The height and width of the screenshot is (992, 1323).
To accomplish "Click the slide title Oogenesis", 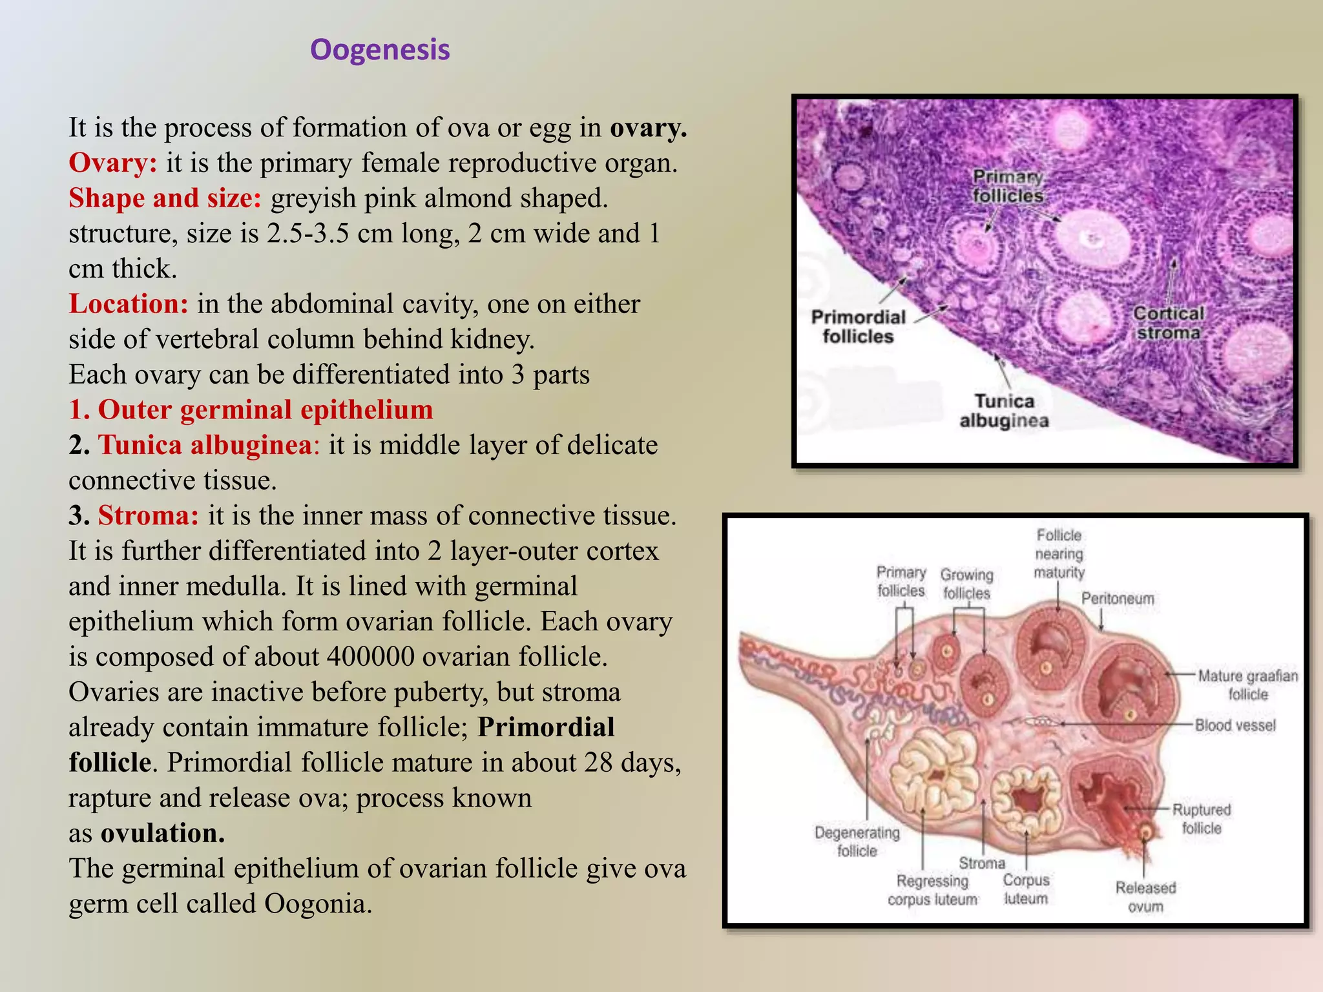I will (x=380, y=50).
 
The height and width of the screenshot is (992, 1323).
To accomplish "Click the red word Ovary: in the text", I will (x=112, y=163).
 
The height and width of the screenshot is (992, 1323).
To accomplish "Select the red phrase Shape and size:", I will (x=165, y=198).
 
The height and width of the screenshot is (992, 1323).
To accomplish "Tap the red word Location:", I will (x=129, y=304).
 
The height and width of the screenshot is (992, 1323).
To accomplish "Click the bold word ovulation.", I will (x=162, y=833).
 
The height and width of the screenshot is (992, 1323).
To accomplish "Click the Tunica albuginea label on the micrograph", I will (x=1004, y=411).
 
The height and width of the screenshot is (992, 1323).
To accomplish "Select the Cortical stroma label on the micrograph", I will (x=1169, y=323).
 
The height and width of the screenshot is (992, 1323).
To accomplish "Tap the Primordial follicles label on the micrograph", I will (x=858, y=327).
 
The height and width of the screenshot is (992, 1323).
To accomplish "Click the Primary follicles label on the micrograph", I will (x=1008, y=186).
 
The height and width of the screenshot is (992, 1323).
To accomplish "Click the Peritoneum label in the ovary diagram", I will (x=1117, y=599).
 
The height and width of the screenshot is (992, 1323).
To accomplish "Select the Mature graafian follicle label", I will (x=1247, y=685).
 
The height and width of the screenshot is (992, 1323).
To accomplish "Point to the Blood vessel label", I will (x=1234, y=725).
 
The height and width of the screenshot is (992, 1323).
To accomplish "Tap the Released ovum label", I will (x=1145, y=896).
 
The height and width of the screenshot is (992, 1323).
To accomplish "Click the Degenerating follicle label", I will (x=857, y=842).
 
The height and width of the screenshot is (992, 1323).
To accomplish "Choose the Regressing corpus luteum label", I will (x=932, y=890).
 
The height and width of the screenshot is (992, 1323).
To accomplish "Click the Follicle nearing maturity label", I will (x=1058, y=553).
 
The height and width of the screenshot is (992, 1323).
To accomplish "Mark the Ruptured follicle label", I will (x=1201, y=818).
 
